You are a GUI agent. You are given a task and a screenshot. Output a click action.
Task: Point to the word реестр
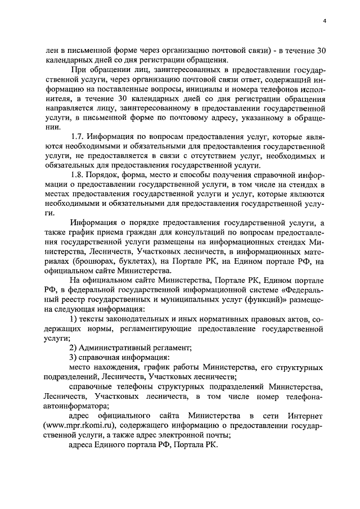coord(73,300)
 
